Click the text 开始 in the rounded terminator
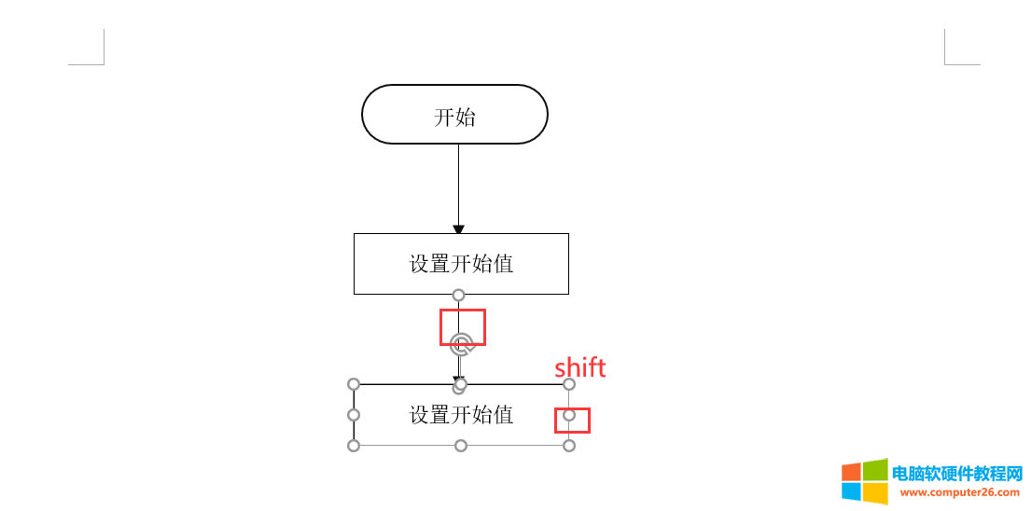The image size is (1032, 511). pyautogui.click(x=454, y=117)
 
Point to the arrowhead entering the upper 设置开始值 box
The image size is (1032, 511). pyautogui.click(x=458, y=228)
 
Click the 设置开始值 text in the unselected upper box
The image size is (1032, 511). pyautogui.click(x=461, y=264)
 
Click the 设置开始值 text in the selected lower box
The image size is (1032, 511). pyautogui.click(x=461, y=415)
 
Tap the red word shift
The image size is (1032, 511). pyautogui.click(x=580, y=367)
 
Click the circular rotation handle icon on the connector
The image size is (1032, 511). pyautogui.click(x=461, y=343)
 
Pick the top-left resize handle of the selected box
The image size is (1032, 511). pyautogui.click(x=354, y=384)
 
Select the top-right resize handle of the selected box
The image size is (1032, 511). pyautogui.click(x=569, y=384)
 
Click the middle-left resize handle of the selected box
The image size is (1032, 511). pyautogui.click(x=354, y=415)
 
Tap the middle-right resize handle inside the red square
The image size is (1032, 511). pyautogui.click(x=569, y=415)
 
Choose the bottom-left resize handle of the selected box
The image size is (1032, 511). pyautogui.click(x=354, y=446)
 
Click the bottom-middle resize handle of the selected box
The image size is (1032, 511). pyautogui.click(x=461, y=446)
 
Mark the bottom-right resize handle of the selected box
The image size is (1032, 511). pyautogui.click(x=569, y=446)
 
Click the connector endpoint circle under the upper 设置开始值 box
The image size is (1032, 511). pyautogui.click(x=458, y=296)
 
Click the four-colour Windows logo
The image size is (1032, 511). pyautogui.click(x=864, y=481)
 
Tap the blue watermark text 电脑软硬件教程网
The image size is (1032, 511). pyautogui.click(x=957, y=474)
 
